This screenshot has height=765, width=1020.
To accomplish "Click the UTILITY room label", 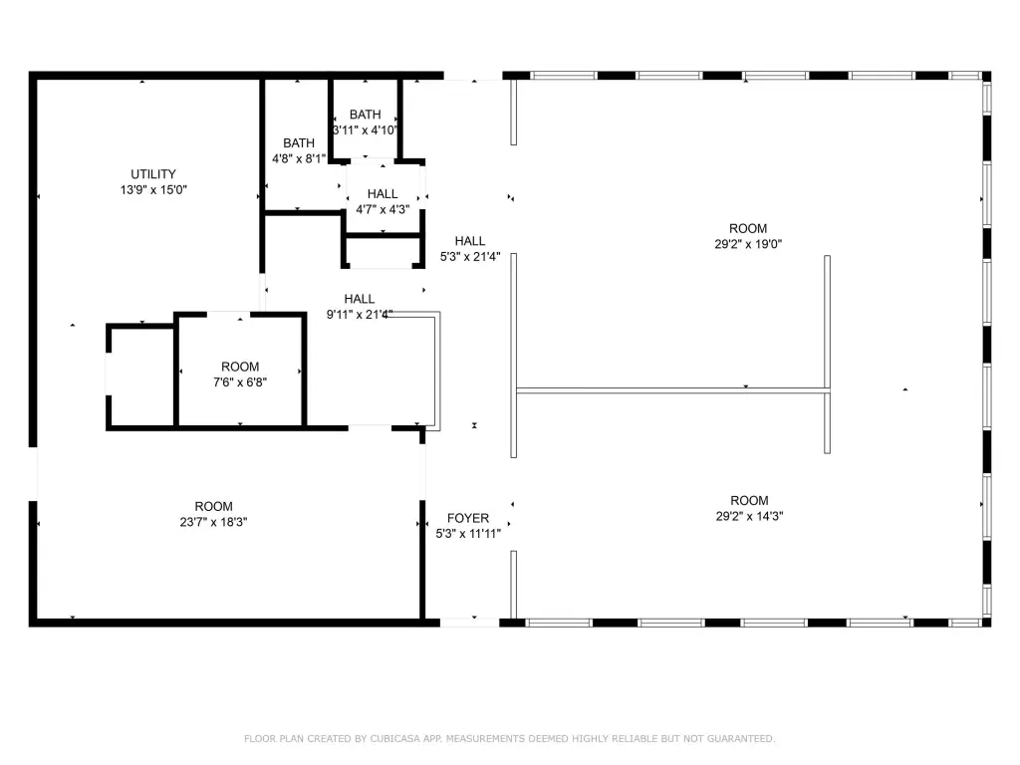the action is coord(152,174).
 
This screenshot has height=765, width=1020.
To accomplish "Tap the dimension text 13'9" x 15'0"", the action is coord(153,190).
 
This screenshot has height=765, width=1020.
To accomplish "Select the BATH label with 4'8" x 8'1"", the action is coord(299,143).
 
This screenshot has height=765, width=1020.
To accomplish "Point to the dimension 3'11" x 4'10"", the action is coord(365,130).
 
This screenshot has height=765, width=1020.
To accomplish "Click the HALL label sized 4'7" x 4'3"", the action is coord(382,194).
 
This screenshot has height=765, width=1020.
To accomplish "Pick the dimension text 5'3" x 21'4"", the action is coord(470,257).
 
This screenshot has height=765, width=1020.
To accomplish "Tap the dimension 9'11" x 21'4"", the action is coord(359,315).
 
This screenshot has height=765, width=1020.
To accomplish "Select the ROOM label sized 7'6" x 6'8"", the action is coord(240,367).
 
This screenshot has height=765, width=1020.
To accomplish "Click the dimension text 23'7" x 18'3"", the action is coord(213,522).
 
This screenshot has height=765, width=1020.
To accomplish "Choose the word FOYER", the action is coord(468,518).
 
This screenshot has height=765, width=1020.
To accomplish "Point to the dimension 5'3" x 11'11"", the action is coord(468,534).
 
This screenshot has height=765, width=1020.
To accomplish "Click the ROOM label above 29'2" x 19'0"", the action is coord(748,229).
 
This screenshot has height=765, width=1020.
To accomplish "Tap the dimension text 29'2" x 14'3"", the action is coord(749,517).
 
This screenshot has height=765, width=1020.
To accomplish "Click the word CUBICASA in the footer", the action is coord(393,739).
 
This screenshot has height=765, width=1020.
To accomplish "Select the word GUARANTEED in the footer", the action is coord(741,739).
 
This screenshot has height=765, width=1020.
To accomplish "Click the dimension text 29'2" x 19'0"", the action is coord(748,245).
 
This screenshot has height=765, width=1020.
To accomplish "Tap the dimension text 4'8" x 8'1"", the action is coord(299,158).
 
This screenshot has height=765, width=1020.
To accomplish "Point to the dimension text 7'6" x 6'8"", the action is coord(240,382).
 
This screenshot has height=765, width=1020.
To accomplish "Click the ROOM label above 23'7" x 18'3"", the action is coord(213,507).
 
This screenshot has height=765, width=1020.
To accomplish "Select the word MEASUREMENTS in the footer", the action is coord(485,739).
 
